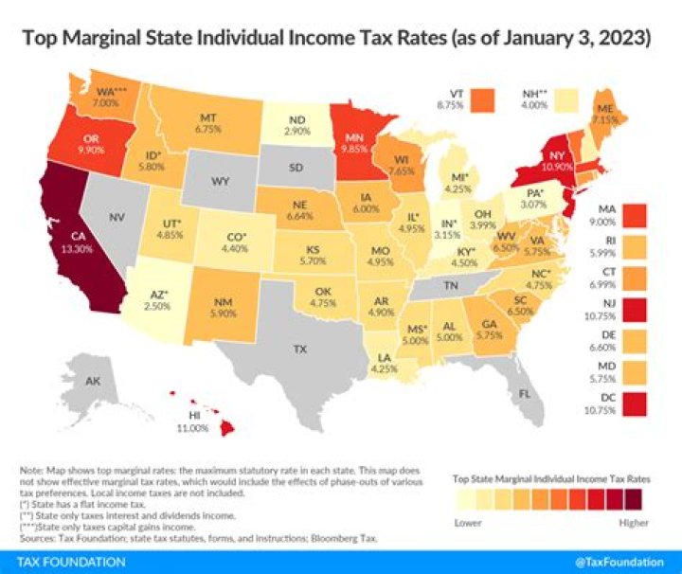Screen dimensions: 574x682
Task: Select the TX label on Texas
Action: tap(299, 350)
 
